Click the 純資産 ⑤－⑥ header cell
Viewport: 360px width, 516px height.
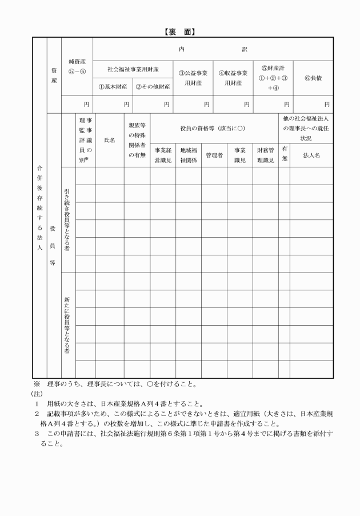77,66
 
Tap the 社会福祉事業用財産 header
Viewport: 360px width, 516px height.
133,69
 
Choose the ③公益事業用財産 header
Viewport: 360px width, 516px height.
193,78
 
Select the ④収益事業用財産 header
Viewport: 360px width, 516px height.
233,78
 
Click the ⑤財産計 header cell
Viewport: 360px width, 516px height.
273,78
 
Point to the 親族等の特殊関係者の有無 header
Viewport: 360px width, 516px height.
137,139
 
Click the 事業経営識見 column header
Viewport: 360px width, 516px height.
163,155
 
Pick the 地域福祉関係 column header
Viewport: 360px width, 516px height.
188,155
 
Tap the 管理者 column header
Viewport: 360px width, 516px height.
213,155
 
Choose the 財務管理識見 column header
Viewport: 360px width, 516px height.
265,155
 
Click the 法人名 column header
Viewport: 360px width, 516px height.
311,155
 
